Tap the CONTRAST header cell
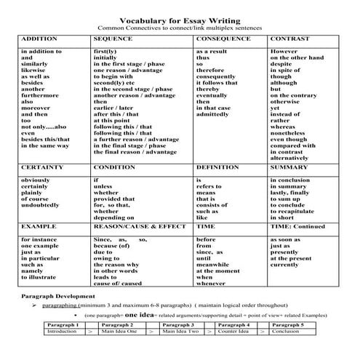tap(288, 37)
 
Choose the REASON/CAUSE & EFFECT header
tap(135, 226)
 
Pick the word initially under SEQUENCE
tap(108, 60)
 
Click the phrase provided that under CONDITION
tap(115, 197)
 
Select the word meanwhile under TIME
tap(215, 263)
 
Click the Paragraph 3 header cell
tap(178, 324)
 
